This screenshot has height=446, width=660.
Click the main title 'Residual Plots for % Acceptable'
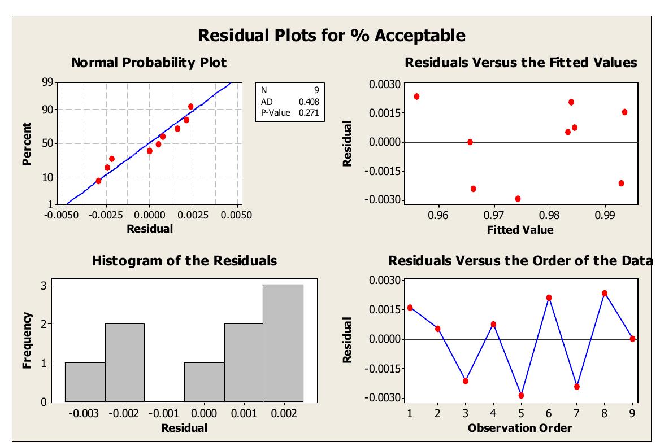click(332, 36)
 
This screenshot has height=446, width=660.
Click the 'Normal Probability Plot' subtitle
click(149, 63)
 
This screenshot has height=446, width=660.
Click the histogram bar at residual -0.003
click(85, 382)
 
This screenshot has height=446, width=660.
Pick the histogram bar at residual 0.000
click(204, 382)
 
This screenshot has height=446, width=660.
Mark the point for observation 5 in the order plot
click(521, 395)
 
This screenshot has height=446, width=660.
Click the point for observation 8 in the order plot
click(605, 293)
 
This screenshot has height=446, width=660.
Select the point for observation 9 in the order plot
click(632, 339)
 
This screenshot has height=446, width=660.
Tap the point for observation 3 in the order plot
click(466, 381)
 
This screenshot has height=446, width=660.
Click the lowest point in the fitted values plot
click(518, 199)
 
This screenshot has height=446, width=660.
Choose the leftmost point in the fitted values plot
click(416, 97)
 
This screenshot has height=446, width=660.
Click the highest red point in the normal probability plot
click(190, 106)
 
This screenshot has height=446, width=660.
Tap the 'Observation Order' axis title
click(519, 427)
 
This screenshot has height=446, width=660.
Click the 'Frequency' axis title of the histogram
click(27, 341)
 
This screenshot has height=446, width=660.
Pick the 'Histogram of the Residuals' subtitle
click(185, 261)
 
